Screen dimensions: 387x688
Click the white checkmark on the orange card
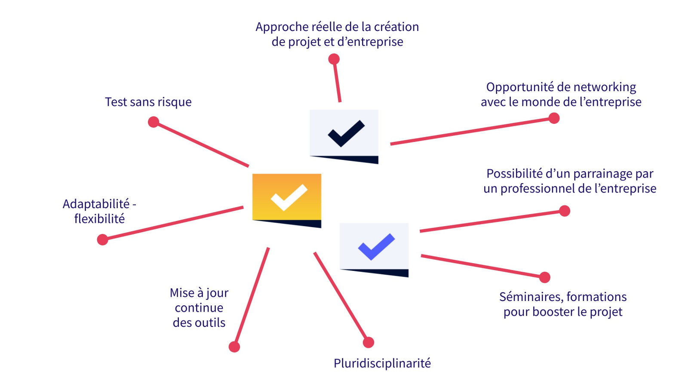[x=289, y=197]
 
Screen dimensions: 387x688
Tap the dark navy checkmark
[x=346, y=133]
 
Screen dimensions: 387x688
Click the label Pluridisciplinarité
[x=382, y=363]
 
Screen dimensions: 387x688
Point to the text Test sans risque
[x=148, y=102]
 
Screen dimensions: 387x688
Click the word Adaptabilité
[x=96, y=204]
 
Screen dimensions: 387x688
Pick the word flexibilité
[x=99, y=219]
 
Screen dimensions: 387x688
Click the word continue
[x=199, y=308]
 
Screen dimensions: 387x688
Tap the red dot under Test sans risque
[x=154, y=122]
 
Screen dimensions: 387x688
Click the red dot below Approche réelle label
[x=334, y=59]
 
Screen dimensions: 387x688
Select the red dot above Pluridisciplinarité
[x=369, y=342]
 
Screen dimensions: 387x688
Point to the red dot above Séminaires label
[x=545, y=277]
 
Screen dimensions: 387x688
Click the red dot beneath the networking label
[x=554, y=118]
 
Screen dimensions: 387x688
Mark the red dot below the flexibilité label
[x=102, y=240]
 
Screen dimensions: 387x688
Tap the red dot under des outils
[x=234, y=347]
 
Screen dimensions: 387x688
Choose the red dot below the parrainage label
[x=565, y=211]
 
